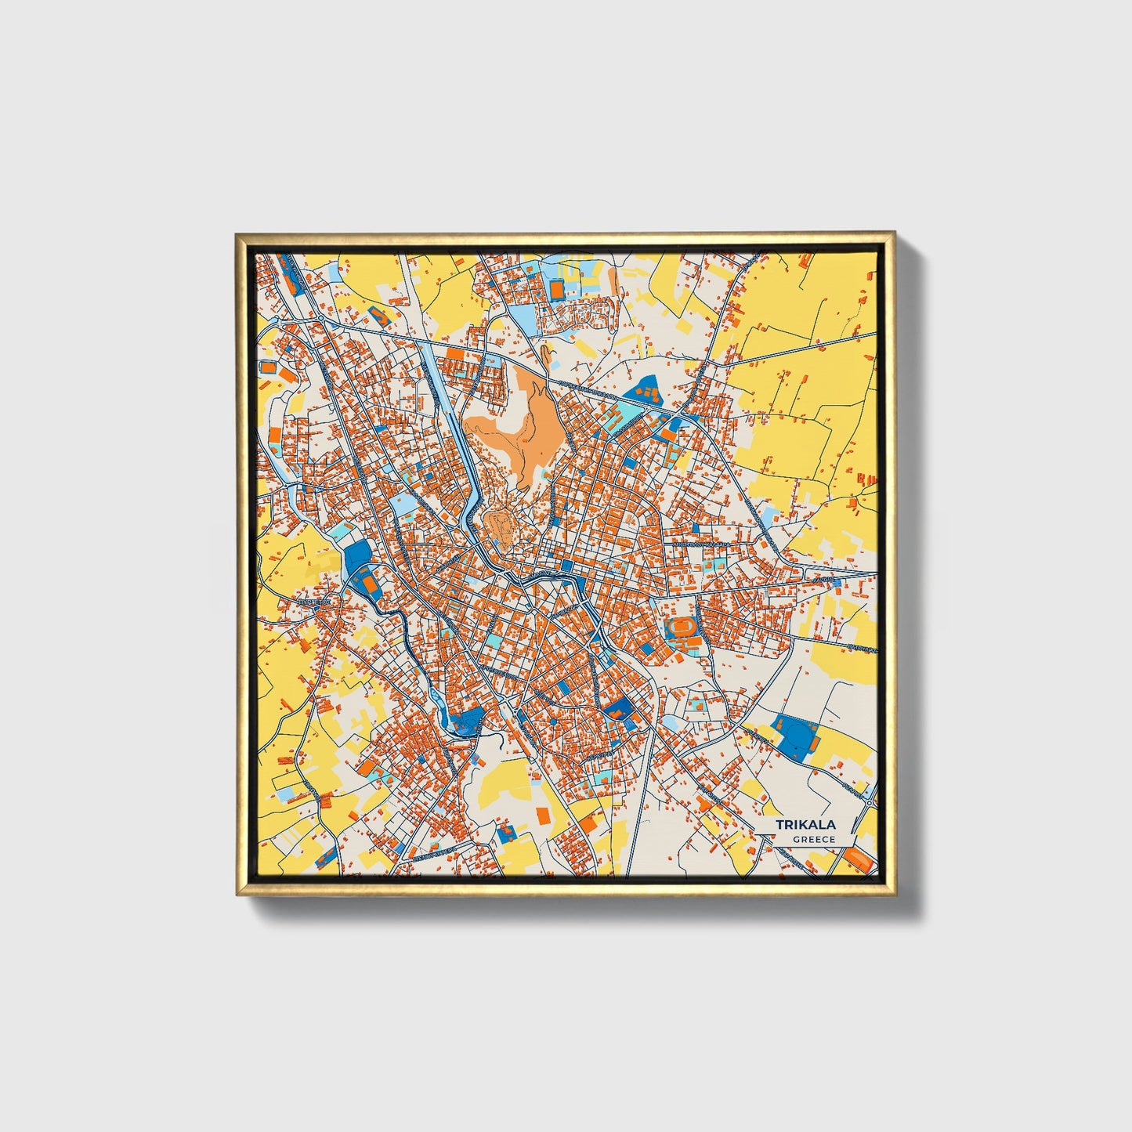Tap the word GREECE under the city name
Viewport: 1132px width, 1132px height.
[x=813, y=839]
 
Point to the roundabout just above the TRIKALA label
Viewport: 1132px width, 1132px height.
[x=870, y=802]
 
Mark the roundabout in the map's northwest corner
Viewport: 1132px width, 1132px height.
[x=320, y=317]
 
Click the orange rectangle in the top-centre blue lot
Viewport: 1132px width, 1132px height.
[x=556, y=290]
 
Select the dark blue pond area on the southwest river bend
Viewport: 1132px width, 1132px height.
[x=467, y=720]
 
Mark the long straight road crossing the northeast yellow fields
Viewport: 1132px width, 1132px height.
[x=799, y=349]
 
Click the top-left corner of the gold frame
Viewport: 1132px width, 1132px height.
[x=237, y=233]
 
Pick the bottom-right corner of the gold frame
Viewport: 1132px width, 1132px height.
[x=893, y=895]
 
